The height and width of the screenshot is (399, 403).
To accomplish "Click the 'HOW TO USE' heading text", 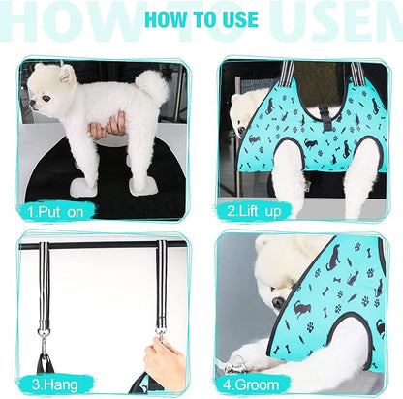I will coord(201,19).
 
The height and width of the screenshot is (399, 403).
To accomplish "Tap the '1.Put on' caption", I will coord(56,209).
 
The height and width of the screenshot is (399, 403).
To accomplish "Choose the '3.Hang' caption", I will coord(50,383).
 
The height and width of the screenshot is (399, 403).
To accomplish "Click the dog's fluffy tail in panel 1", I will coord(150,87).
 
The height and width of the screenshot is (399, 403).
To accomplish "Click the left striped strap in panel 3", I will coord(44,281).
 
